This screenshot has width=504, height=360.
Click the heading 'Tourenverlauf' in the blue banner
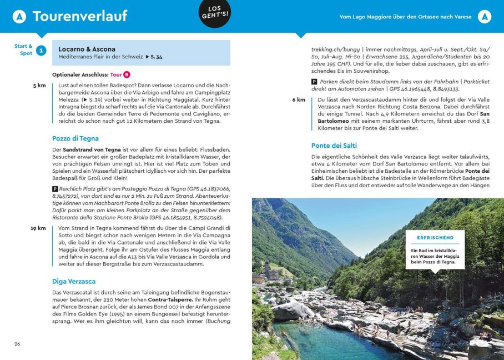pos(80,16)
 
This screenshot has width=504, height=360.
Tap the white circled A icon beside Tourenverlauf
pos(19,17)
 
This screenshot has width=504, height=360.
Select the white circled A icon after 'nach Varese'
pos(485,17)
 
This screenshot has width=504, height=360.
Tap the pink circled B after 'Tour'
pos(127,74)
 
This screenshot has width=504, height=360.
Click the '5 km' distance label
pos(39,86)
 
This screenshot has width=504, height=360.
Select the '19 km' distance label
pos(38,228)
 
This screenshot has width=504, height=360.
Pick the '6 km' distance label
pos(299,99)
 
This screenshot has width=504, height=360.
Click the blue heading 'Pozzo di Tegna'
pos(75,138)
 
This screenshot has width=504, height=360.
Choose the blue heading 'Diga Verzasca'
pos(74,282)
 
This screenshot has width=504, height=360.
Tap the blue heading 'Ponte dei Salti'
pos(334,146)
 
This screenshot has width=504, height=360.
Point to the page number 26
pos(17,344)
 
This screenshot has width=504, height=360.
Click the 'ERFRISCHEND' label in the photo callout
pos(435,238)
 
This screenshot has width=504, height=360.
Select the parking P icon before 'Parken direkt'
pos(314,82)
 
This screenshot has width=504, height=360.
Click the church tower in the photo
pos(268,271)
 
